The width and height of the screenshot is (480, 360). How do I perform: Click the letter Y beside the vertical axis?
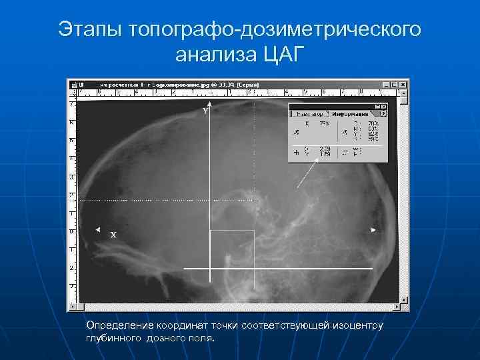click(x=206, y=112)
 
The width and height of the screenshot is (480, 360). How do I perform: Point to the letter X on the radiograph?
click(x=113, y=235)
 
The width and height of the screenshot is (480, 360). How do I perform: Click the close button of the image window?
click(x=403, y=85)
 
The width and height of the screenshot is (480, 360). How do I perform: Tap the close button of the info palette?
click(x=384, y=107)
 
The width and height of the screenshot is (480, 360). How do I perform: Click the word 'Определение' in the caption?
click(x=119, y=325)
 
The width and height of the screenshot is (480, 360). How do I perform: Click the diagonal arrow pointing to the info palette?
click(x=306, y=176)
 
